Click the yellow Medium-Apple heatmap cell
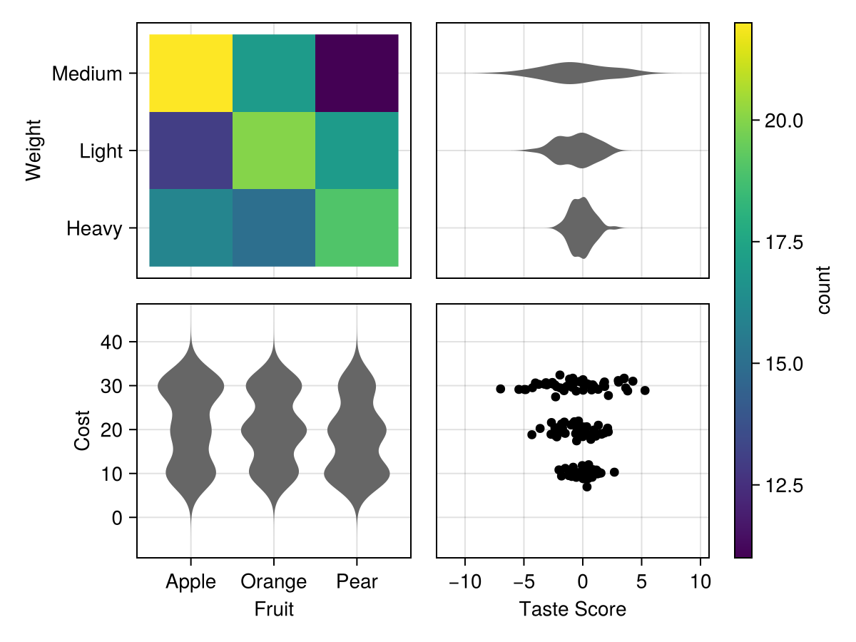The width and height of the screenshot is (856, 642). coord(190,73)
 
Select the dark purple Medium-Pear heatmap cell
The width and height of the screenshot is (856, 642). coord(357,73)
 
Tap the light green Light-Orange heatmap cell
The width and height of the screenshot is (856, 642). coord(273,151)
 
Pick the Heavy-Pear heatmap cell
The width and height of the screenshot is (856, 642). coord(357,228)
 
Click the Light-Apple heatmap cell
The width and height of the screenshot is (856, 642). coord(190,151)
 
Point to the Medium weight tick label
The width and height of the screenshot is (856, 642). coord(87,73)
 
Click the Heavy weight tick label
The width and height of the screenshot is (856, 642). coord(94,229)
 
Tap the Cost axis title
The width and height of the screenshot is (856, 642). coord(82,429)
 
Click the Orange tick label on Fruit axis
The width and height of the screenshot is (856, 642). coord(273,582)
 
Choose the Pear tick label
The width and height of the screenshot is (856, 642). coord(357,582)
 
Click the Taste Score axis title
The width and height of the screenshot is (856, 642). coord(572,609)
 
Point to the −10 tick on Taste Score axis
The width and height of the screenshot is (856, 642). coord(464,582)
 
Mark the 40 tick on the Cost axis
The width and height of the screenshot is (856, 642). coord(113,342)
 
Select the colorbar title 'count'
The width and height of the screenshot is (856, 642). coord(824,290)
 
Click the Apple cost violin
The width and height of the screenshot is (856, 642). coord(190,428)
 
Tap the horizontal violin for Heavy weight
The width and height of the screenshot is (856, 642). coord(581,228)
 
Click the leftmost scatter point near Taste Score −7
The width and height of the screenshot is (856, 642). coord(500,389)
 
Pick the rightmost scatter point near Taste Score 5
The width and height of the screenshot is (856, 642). coord(645,390)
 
